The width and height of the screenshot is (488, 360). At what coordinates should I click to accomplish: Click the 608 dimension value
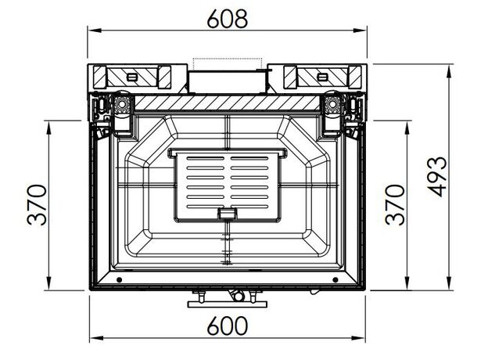[228, 19]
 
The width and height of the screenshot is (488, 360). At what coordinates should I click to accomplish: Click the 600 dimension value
[228, 326]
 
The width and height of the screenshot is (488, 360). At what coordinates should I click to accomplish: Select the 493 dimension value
[436, 177]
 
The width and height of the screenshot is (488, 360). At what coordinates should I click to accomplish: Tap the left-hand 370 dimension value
[37, 204]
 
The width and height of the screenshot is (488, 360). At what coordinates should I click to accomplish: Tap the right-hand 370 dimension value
[395, 204]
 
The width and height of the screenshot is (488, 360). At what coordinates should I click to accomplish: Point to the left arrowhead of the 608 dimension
[95, 31]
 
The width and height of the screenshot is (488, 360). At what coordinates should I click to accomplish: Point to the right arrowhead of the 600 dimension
[358, 338]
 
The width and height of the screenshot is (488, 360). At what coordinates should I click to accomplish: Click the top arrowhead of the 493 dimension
[449, 71]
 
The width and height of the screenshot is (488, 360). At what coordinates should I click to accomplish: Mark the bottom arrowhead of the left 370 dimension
[48, 283]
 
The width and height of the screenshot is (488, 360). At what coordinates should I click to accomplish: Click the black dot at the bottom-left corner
[119, 279]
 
